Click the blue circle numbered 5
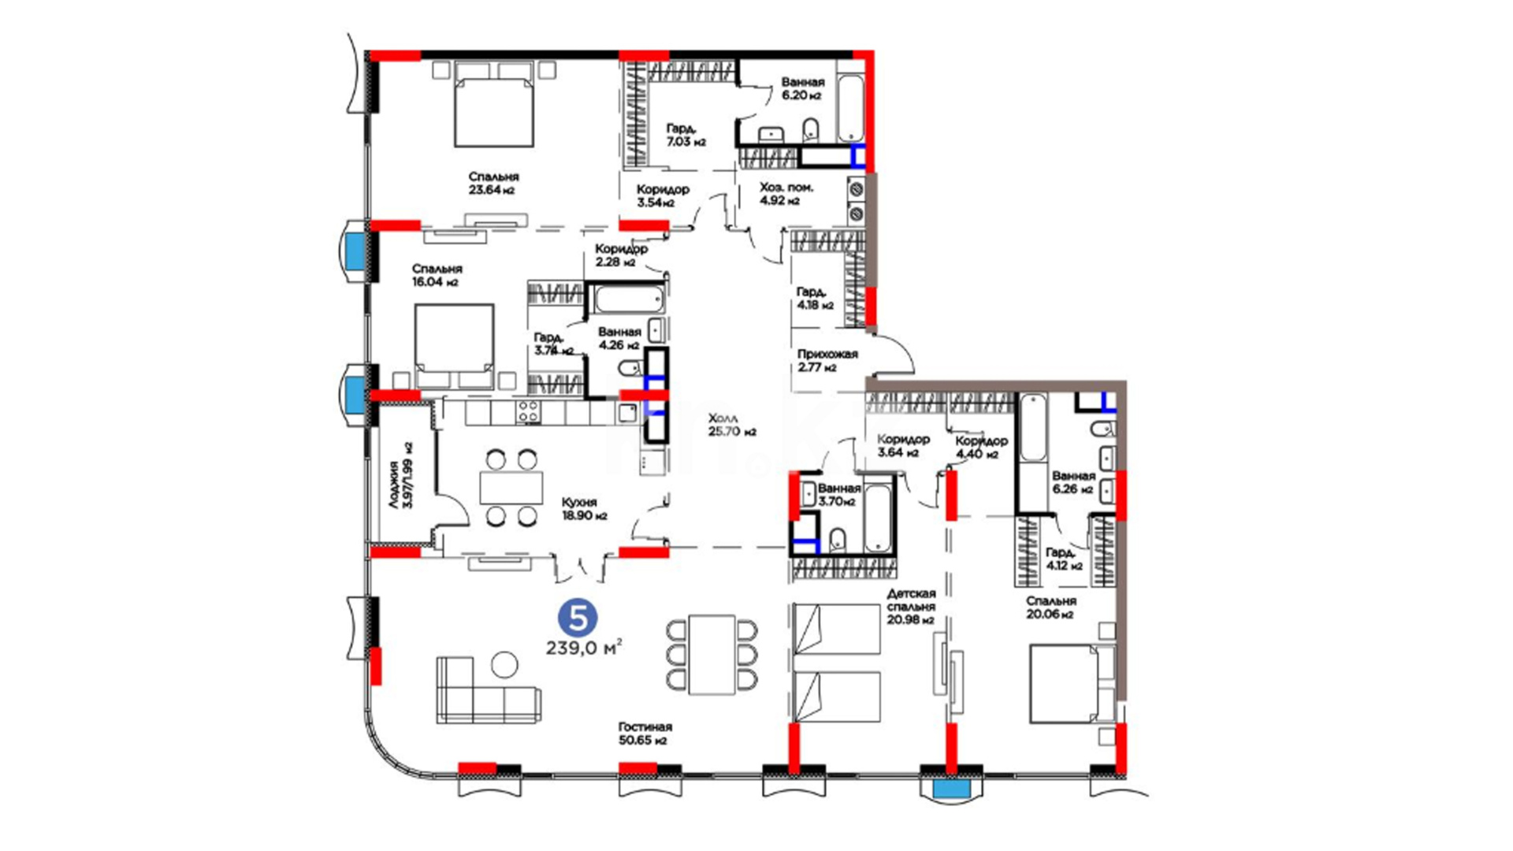[578, 619]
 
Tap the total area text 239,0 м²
[584, 648]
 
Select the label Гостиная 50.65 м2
[645, 734]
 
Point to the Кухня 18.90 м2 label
[584, 509]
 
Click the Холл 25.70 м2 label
[732, 425]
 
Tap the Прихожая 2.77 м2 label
[827, 361]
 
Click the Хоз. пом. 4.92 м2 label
[786, 194]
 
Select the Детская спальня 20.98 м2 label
[911, 607]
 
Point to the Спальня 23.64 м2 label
[493, 184]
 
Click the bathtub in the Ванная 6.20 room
[850, 109]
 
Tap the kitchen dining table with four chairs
[511, 488]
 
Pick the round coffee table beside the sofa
[504, 665]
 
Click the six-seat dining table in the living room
[712, 655]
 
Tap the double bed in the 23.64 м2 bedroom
[495, 105]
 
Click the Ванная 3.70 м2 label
[838, 495]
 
